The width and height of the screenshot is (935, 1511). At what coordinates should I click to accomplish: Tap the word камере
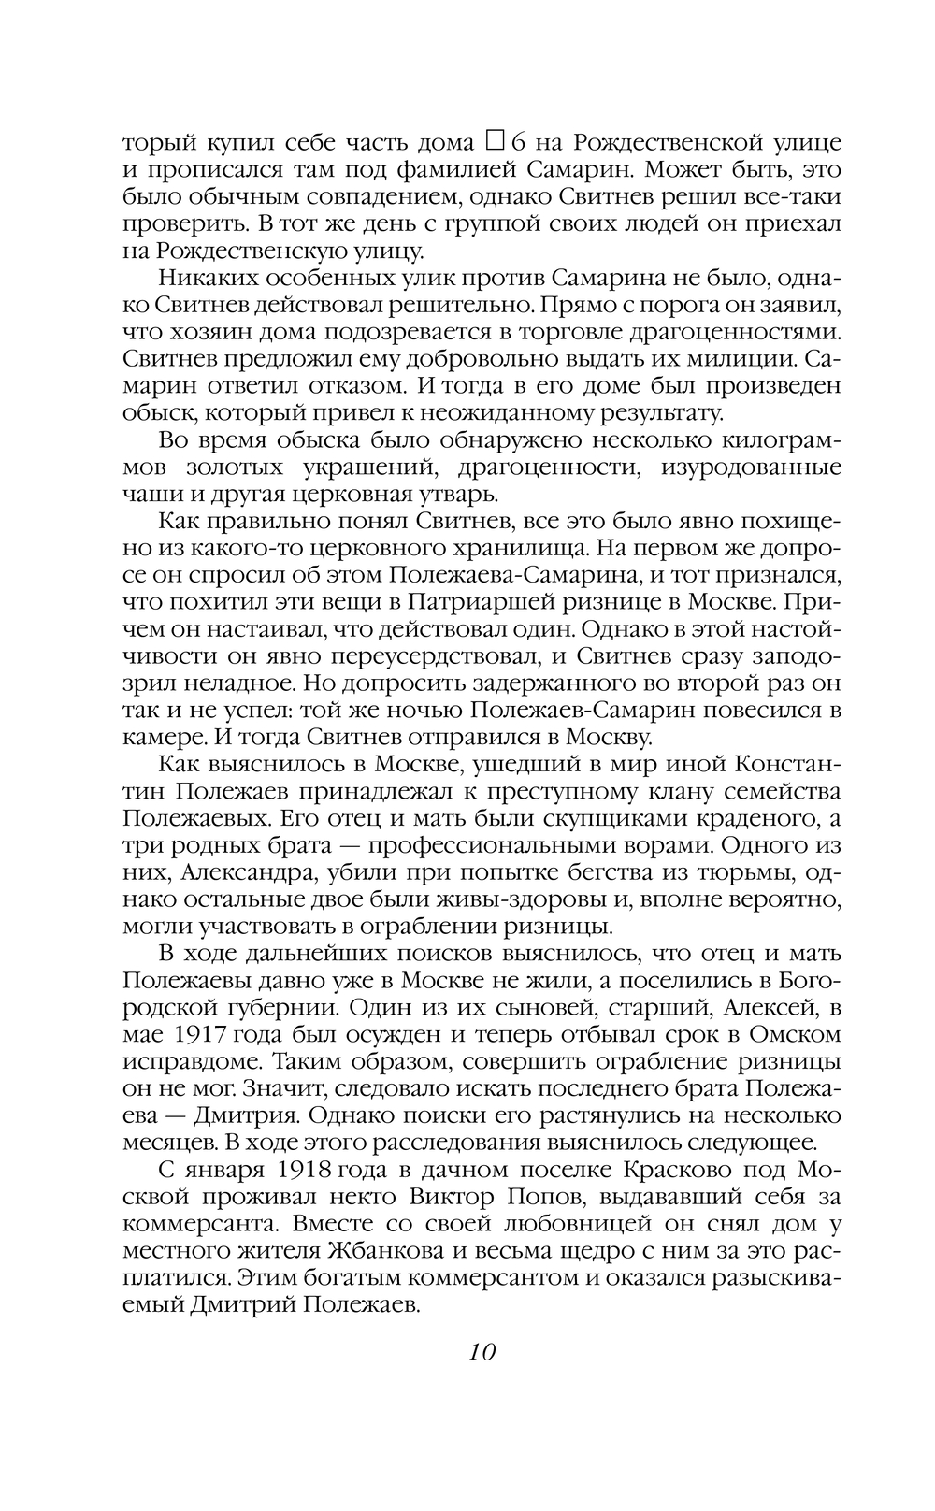pyautogui.click(x=155, y=738)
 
